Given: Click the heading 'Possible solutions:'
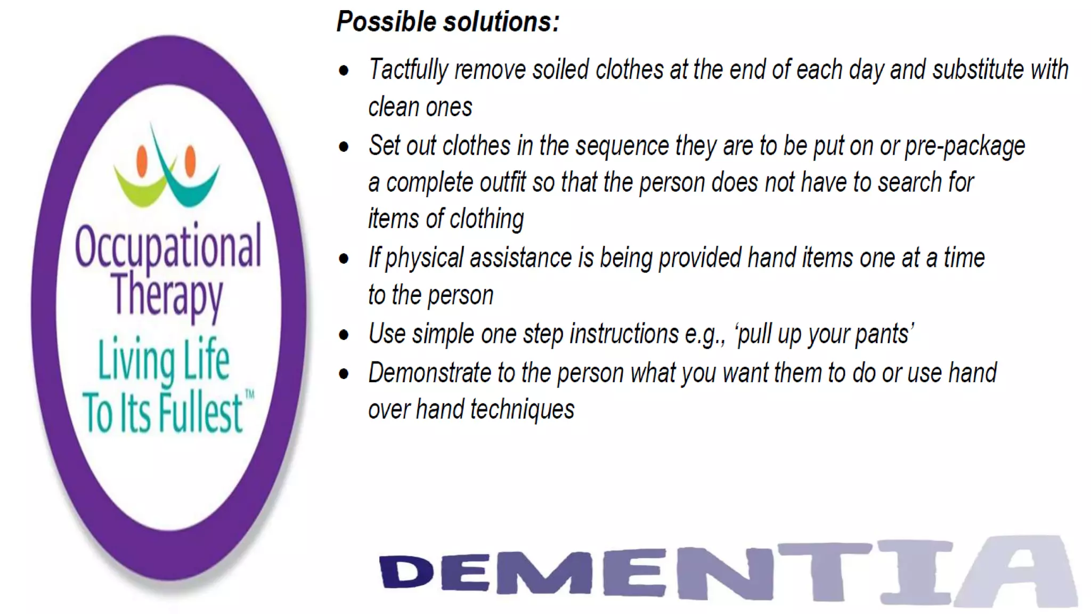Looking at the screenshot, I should point(447,22).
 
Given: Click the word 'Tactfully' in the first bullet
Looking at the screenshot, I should point(409,70).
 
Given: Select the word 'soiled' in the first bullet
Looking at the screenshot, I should point(560,70).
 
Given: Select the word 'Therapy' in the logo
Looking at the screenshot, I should point(167,295).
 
